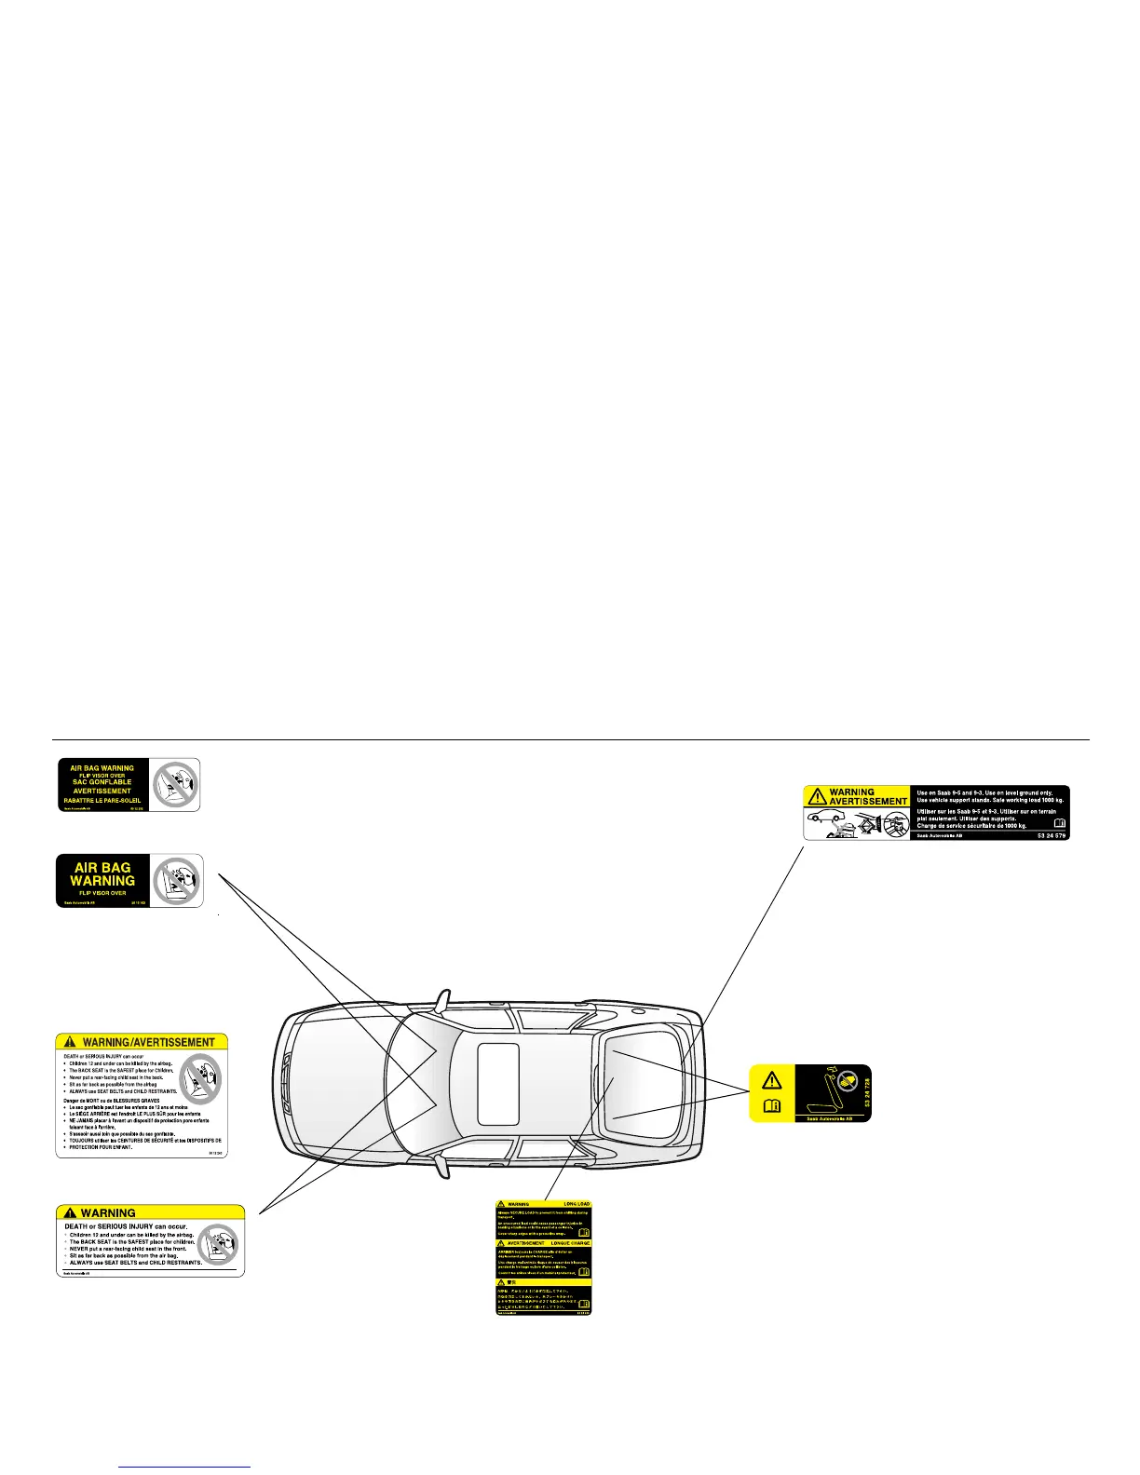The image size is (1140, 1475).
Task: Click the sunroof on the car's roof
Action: pos(498,1083)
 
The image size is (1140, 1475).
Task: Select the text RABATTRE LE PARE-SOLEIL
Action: pos(102,800)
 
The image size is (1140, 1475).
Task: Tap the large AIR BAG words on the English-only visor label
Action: pos(102,867)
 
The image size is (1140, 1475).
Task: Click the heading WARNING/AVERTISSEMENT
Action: pos(149,1042)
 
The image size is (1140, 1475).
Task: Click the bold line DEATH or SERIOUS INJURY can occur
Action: pos(126,1226)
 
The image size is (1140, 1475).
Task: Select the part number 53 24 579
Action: pos(1051,835)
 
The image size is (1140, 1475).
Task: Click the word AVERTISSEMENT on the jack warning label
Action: pos(867,801)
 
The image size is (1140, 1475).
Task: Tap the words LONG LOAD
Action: pos(577,1204)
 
